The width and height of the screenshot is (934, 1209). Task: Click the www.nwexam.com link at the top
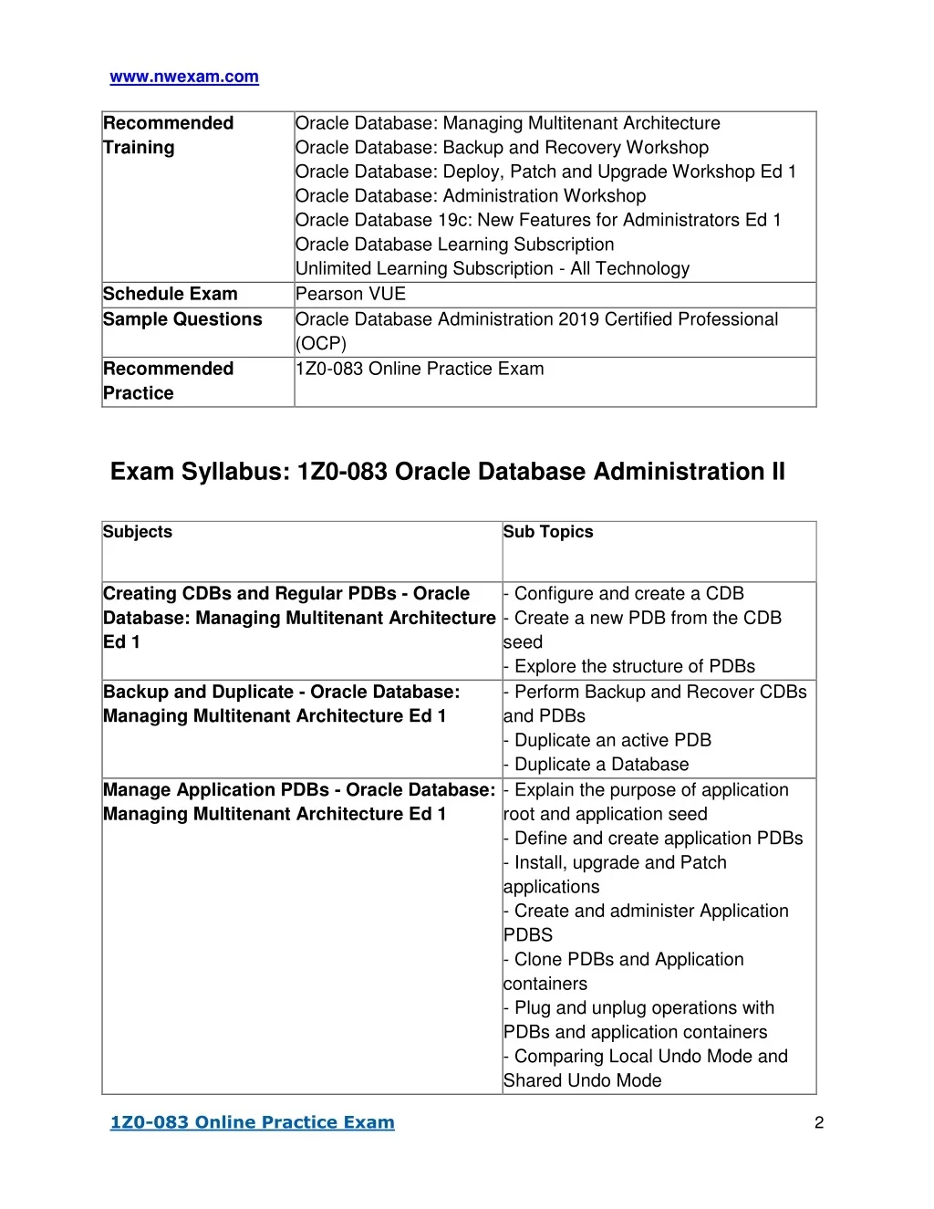(184, 78)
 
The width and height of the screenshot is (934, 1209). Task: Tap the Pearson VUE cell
(350, 294)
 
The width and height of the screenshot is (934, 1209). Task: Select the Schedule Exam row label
(170, 294)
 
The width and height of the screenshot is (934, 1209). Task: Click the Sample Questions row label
(182, 319)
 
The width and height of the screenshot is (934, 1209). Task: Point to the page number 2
(818, 1122)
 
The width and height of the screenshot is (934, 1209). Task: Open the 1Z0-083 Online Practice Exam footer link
(252, 1122)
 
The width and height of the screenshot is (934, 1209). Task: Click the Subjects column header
(138, 532)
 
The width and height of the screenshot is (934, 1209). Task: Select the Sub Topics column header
(548, 532)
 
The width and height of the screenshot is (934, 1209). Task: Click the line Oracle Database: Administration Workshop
(471, 196)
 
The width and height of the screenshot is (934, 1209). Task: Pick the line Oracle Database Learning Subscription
(454, 245)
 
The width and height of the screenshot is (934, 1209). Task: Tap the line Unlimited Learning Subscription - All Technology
(493, 269)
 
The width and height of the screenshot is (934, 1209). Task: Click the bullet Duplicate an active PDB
(612, 740)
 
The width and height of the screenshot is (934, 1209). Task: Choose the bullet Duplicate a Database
(601, 765)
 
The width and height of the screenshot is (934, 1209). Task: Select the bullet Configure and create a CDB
(628, 593)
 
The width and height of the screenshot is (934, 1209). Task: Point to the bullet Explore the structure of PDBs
(634, 666)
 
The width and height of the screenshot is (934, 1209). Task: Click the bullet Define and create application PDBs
(658, 839)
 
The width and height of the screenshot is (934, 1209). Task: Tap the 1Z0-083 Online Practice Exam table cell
(420, 370)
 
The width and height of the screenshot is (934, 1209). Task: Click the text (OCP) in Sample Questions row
(321, 344)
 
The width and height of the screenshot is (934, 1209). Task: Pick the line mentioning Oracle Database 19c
(538, 220)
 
